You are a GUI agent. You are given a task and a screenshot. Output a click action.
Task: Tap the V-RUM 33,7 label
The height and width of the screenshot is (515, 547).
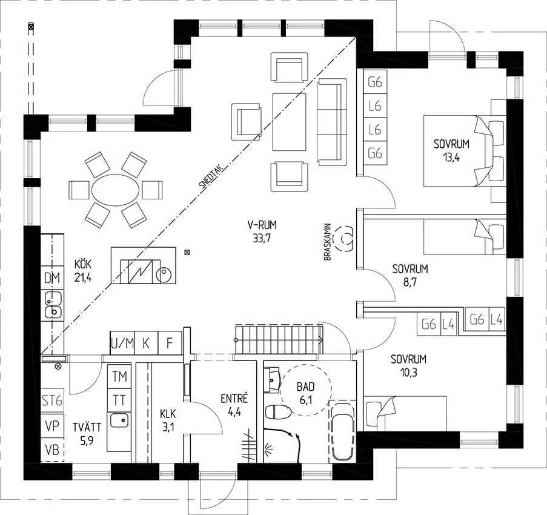click(262, 231)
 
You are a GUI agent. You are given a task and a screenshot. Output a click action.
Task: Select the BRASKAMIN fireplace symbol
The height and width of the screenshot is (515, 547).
click(343, 238)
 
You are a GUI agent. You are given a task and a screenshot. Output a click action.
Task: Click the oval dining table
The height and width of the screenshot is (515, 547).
click(116, 190)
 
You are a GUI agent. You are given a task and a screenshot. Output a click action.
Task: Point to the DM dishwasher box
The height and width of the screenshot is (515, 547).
click(52, 277)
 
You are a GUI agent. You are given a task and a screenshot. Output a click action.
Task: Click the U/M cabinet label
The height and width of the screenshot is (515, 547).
click(122, 344)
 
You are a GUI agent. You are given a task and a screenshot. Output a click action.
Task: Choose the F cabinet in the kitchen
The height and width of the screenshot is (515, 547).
click(170, 344)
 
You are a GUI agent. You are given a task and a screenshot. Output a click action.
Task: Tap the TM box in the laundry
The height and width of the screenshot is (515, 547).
click(119, 376)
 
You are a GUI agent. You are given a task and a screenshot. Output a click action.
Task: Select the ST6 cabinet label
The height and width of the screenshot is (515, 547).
click(52, 400)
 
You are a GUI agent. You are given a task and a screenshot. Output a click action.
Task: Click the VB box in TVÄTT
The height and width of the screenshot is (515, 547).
click(52, 450)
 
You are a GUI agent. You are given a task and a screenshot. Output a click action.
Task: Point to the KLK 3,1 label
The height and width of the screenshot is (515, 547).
click(168, 421)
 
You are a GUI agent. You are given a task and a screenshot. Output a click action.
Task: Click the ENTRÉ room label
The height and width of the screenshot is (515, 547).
click(234, 399)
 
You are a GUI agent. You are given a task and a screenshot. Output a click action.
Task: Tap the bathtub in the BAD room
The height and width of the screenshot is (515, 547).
click(342, 432)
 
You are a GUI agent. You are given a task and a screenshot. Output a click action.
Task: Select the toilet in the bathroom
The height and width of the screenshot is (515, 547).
click(278, 412)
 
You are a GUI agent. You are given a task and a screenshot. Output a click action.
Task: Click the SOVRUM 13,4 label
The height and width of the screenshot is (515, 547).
click(451, 150)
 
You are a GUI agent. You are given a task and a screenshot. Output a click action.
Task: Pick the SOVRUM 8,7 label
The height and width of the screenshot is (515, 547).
click(410, 276)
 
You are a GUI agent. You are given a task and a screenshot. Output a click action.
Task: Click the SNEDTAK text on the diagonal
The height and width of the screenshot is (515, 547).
click(212, 178)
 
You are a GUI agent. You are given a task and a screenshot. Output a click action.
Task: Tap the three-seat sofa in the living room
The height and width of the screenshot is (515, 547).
click(332, 121)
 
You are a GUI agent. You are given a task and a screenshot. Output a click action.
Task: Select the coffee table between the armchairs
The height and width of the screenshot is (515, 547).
click(289, 122)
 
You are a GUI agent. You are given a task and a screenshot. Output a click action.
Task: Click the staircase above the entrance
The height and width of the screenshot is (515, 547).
click(279, 339)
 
